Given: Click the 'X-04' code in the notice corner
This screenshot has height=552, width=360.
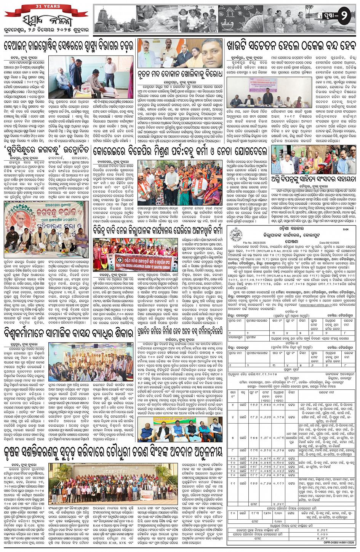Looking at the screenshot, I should point(346,230).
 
